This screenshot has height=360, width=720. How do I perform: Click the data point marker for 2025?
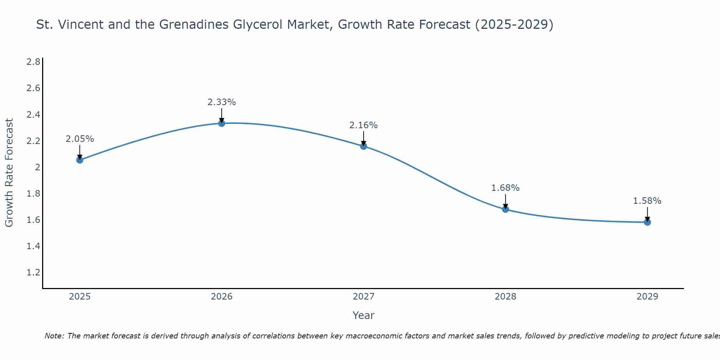pyautogui.click(x=80, y=160)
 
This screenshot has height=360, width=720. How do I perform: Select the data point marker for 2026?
pyautogui.click(x=222, y=123)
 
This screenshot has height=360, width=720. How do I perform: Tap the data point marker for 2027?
pyautogui.click(x=364, y=146)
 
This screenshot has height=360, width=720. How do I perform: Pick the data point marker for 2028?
pyautogui.click(x=505, y=209)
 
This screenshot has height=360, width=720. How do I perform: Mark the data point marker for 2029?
pyautogui.click(x=647, y=222)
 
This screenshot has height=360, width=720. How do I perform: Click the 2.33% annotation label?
pyautogui.click(x=222, y=102)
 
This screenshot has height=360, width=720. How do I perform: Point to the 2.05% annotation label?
pyautogui.click(x=80, y=139)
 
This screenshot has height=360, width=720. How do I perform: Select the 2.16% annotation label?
pyautogui.click(x=364, y=125)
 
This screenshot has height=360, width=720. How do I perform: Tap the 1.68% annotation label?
pyautogui.click(x=505, y=188)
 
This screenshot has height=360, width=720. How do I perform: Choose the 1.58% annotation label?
pyautogui.click(x=647, y=201)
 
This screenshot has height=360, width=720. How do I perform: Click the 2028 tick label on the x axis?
pyautogui.click(x=505, y=297)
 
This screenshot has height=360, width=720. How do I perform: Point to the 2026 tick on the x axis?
pyautogui.click(x=222, y=297)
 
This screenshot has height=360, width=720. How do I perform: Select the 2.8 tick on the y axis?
pyautogui.click(x=33, y=62)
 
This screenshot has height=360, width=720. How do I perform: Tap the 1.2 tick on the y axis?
pyautogui.click(x=33, y=273)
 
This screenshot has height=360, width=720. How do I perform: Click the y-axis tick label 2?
pyautogui.click(x=37, y=167)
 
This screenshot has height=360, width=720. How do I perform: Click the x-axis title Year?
pyautogui.click(x=364, y=315)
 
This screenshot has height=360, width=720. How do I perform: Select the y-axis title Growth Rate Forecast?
pyautogui.click(x=9, y=172)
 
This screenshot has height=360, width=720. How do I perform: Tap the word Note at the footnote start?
pyautogui.click(x=54, y=336)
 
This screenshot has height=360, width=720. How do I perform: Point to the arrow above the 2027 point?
pyautogui.click(x=364, y=138)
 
